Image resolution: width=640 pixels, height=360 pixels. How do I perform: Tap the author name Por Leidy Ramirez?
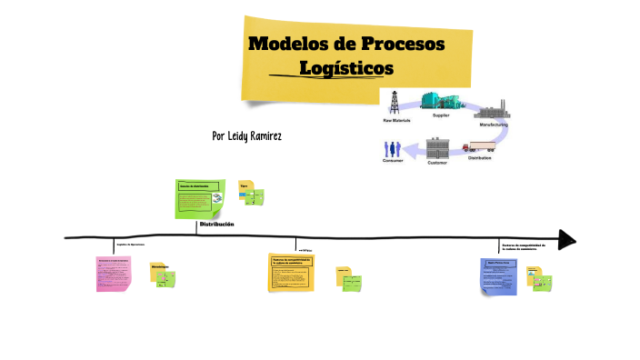point(246,135)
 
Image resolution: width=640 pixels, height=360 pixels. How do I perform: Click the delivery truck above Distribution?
point(479,147)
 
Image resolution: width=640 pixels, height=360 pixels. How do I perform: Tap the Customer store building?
point(438,148)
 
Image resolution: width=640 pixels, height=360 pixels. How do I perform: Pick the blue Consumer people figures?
point(392,148)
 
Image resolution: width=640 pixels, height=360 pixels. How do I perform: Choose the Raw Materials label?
point(395,119)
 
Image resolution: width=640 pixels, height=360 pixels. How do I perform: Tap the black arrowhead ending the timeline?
point(566,239)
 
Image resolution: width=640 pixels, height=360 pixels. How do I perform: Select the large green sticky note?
point(199,198)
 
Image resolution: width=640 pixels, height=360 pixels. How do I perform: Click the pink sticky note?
point(114,274)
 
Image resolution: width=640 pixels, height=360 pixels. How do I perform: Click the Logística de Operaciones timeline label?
point(131,245)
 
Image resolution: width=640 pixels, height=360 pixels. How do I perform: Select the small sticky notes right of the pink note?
point(164,276)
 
